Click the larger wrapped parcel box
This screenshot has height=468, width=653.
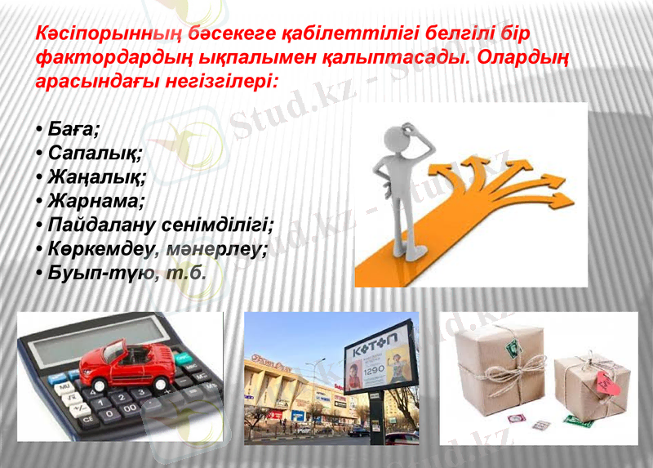[x=500, y=368]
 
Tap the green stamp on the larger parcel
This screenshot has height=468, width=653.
[x=513, y=347]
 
